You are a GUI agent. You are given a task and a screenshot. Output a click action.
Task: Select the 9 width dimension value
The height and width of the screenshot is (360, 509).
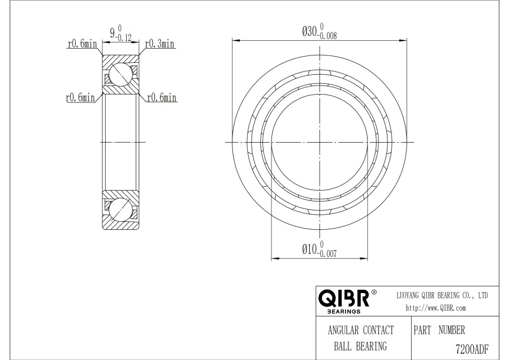click(x=113, y=33)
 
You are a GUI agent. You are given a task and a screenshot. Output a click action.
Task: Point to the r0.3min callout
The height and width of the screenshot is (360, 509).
click(x=159, y=44)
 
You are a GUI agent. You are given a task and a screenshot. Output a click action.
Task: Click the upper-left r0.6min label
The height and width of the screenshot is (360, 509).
click(x=82, y=44)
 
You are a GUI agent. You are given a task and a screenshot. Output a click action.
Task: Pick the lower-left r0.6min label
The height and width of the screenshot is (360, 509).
click(x=80, y=97)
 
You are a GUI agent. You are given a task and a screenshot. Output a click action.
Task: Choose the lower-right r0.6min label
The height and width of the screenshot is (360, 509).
click(x=162, y=97)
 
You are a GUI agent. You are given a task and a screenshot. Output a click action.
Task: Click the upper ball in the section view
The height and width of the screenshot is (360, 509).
click(x=120, y=74)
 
